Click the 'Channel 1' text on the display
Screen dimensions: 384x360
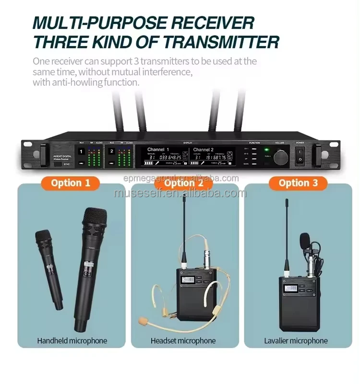click(x=159, y=149)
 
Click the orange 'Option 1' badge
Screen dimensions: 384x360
click(x=71, y=182)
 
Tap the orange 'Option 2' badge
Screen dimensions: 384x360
click(x=180, y=182)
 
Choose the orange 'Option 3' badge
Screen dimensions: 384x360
click(x=298, y=182)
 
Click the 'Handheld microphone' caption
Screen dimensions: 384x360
click(x=72, y=341)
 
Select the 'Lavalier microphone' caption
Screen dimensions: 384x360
click(x=296, y=341)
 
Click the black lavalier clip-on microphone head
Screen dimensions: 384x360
click(x=305, y=240)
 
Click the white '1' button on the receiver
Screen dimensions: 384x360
click(x=81, y=152)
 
